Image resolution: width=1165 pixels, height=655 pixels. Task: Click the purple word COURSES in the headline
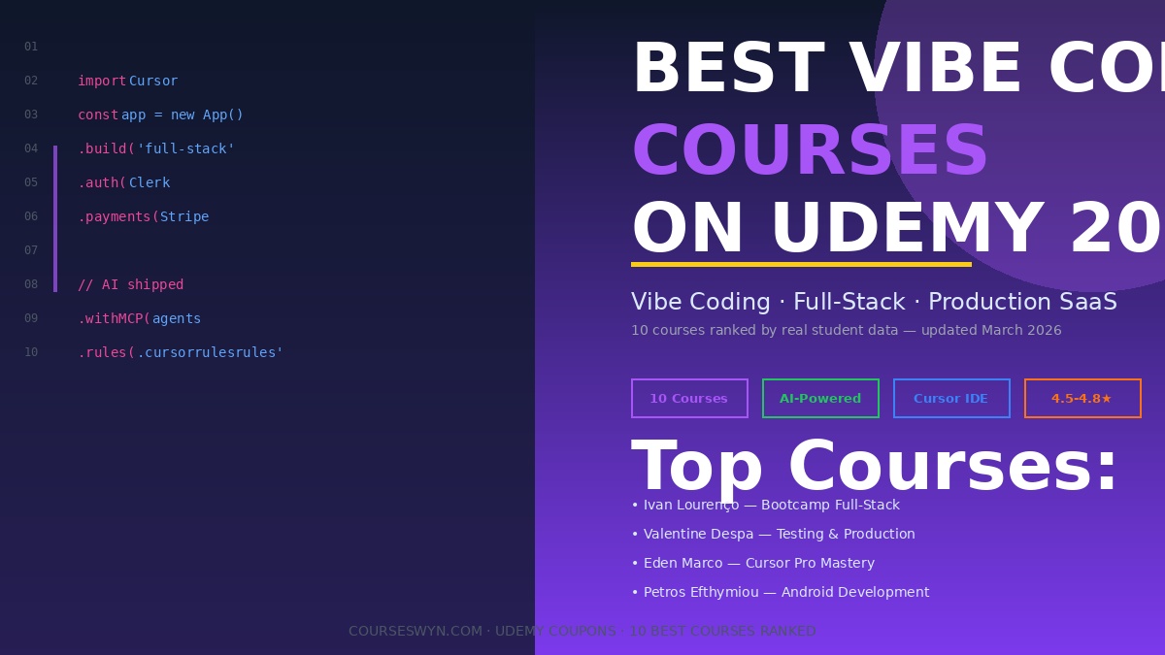pyautogui.click(x=810, y=153)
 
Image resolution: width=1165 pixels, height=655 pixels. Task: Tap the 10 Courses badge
pyautogui.click(x=689, y=399)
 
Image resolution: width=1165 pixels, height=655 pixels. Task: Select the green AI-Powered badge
pyautogui.click(x=820, y=399)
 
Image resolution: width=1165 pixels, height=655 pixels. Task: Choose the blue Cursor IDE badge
pyautogui.click(x=951, y=399)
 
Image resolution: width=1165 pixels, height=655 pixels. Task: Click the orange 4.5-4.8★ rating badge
pyautogui.click(x=1082, y=399)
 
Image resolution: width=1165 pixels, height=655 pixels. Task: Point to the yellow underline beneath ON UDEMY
pyautogui.click(x=801, y=264)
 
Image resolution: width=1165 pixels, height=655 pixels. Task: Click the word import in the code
pyautogui.click(x=102, y=82)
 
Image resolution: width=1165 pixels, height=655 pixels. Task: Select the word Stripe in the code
pyautogui.click(x=184, y=217)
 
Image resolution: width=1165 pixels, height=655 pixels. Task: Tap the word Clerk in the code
pyautogui.click(x=150, y=183)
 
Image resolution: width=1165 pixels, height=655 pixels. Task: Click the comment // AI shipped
pyautogui.click(x=130, y=285)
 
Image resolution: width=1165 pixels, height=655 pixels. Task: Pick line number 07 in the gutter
pyautogui.click(x=31, y=251)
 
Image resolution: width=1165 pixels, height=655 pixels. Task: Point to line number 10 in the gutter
pyautogui.click(x=31, y=353)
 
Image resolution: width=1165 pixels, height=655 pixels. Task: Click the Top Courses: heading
pyautogui.click(x=875, y=469)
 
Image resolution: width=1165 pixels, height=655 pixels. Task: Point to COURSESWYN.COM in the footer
pyautogui.click(x=416, y=632)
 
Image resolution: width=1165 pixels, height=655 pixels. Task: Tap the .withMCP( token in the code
pyautogui.click(x=114, y=319)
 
